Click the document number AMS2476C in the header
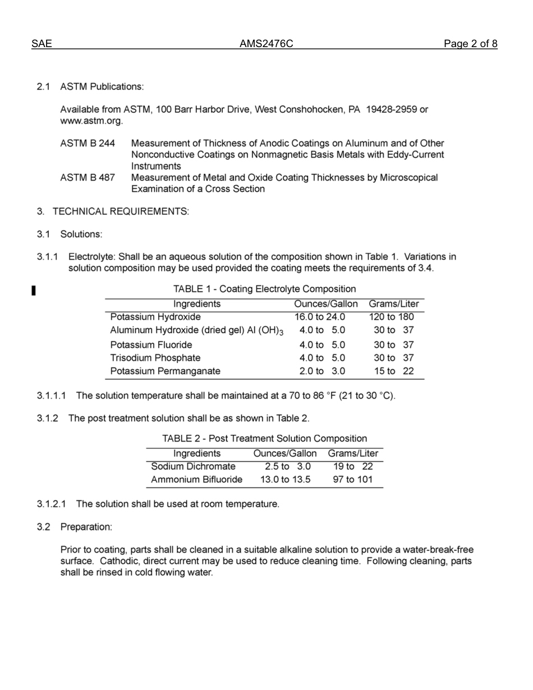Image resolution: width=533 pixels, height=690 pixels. coord(266,44)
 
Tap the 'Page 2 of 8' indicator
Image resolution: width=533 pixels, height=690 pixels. coord(470,44)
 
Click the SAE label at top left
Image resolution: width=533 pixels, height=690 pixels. coord(42,44)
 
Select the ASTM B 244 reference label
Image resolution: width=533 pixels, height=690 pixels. coord(88,144)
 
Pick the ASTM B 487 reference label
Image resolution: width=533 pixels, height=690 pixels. coord(88,178)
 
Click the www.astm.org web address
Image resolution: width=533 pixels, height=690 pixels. coord(91,121)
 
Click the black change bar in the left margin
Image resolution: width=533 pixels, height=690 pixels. coord(34,290)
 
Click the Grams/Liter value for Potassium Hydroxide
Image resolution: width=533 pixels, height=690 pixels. coord(391,317)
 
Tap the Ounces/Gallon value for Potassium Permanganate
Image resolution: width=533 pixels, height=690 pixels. coord(322,371)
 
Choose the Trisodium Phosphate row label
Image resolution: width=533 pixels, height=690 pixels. coord(155,358)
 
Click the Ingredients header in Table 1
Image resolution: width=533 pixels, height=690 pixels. coord(197,304)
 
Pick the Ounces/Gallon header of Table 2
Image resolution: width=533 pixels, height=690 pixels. coord(285,453)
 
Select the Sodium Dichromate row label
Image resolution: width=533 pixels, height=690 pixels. coord(194,467)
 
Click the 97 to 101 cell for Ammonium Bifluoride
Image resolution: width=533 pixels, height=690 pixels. coord(352,480)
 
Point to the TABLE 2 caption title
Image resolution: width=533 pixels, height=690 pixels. coord(264,439)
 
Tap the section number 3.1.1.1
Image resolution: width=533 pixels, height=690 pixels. coord(52,396)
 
